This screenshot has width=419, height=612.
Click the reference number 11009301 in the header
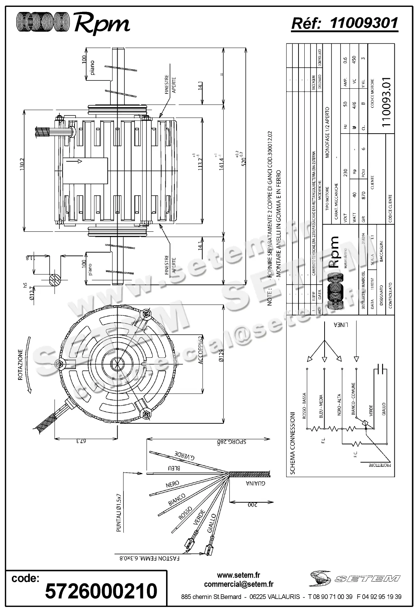coord(364,24)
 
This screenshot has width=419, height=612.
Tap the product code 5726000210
coord(101,591)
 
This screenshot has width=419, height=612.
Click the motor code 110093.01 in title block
coord(386,102)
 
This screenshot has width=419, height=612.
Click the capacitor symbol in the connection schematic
coord(380,369)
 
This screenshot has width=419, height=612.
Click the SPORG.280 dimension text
coord(231,442)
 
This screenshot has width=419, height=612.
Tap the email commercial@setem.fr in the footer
coord(238,584)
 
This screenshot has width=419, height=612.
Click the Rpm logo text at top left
coord(102,24)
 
